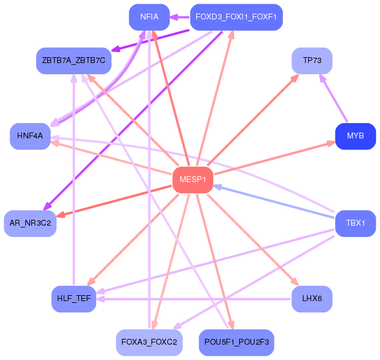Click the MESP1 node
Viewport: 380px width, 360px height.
coord(193,180)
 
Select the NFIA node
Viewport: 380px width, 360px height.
coord(149,17)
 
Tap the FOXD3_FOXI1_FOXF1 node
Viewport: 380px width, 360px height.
coord(236,17)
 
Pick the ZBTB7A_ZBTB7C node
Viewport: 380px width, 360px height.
coord(74,61)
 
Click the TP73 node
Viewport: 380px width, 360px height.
coord(312,61)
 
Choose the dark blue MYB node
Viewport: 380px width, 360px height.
coord(355,136)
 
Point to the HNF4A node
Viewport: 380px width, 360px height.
coord(30,136)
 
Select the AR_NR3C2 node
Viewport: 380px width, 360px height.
coord(30,223)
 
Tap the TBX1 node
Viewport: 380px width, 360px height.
coord(355,223)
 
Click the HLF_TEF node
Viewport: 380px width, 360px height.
coord(74,299)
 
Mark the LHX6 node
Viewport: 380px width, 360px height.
coord(312,299)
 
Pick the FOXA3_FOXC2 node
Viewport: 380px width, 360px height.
coord(149,342)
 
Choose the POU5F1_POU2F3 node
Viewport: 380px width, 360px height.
coord(236,342)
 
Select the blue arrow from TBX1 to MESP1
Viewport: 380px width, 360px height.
coord(274,202)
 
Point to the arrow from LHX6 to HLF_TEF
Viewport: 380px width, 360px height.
coord(194,299)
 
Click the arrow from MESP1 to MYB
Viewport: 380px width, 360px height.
coord(275,158)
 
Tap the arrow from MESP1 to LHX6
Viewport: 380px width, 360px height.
coord(253,240)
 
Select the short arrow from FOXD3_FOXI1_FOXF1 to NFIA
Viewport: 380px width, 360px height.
coord(180,17)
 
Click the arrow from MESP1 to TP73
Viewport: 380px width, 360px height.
coord(253,120)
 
